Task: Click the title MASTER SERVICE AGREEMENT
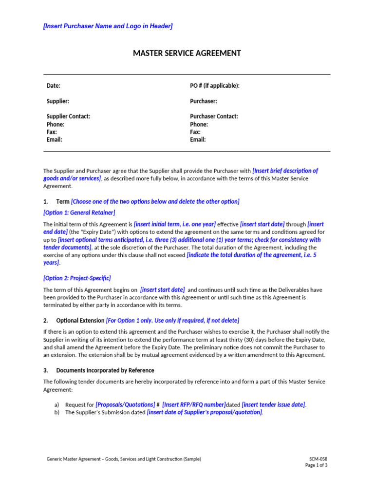point(187,53)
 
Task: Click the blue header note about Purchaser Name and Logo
point(108,26)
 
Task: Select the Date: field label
point(53,86)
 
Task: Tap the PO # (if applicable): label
point(214,86)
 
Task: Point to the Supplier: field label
point(57,101)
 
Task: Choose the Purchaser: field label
point(203,101)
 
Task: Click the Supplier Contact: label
point(68,116)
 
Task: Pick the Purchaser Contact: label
point(214,116)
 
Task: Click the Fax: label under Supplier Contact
point(52,132)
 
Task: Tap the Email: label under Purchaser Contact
point(198,140)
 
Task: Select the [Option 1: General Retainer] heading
point(79,212)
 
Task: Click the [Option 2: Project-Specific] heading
point(77,278)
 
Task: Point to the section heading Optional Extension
point(80,320)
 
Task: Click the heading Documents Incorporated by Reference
point(105,370)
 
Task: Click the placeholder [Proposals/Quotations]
point(125,404)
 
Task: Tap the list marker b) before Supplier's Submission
point(57,412)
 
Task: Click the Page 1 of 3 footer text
point(316,465)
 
